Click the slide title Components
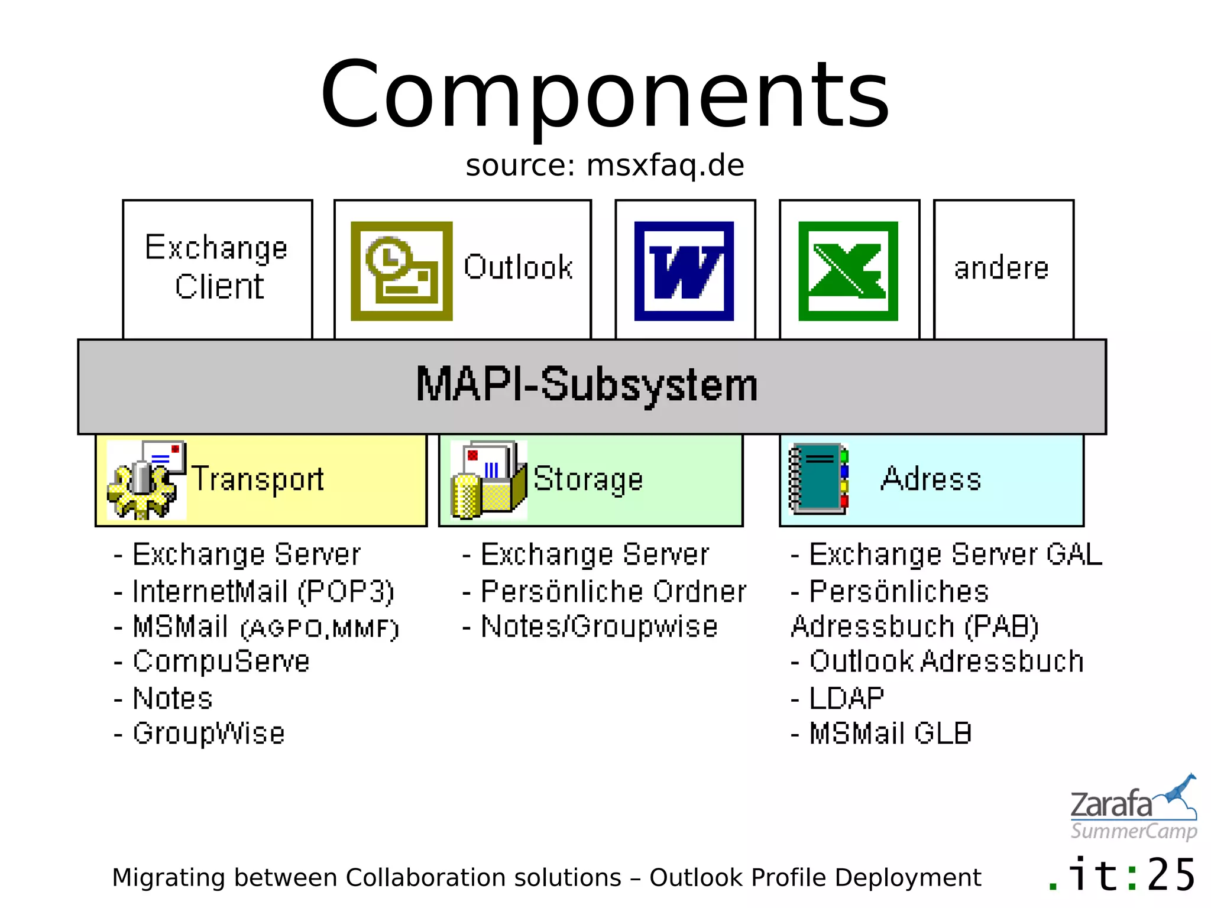[x=604, y=95]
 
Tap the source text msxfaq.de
[x=604, y=166]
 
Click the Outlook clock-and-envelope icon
[x=401, y=271]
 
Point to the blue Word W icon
[x=684, y=271]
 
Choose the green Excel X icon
[x=848, y=271]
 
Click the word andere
[x=1002, y=268]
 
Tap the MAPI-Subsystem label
[x=587, y=385]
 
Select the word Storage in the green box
[x=588, y=479]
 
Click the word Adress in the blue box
[x=931, y=479]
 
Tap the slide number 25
[x=1171, y=875]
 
